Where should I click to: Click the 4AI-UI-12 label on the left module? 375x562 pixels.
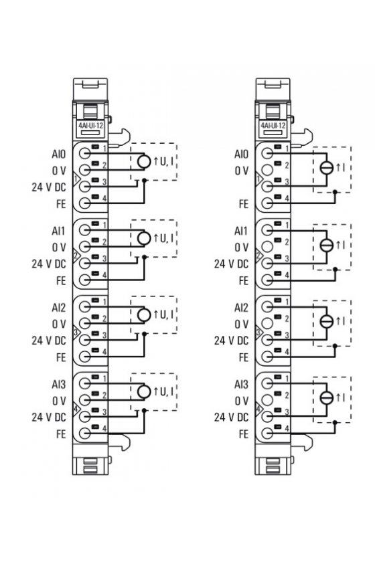point(90,126)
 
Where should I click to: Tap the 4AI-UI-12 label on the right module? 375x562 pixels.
point(273,126)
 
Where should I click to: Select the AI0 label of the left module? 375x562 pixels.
point(59,155)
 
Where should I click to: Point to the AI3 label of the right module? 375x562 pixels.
point(241,385)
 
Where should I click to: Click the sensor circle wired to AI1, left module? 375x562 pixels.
point(144,238)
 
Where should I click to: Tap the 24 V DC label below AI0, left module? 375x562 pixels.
point(49,187)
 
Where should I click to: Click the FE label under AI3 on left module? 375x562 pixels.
point(62,434)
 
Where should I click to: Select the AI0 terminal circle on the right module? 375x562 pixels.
point(267,153)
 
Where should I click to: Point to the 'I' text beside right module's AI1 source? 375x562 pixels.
point(344,245)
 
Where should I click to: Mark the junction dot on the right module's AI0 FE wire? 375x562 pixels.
point(335,192)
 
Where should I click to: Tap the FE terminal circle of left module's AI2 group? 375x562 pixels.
point(84,356)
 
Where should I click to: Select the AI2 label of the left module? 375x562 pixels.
point(59,308)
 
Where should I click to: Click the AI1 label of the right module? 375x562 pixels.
point(241,231)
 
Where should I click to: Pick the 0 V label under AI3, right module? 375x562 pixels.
point(242,401)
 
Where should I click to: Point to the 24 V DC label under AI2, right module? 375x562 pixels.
point(232,341)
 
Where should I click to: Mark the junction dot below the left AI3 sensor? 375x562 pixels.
point(144,409)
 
